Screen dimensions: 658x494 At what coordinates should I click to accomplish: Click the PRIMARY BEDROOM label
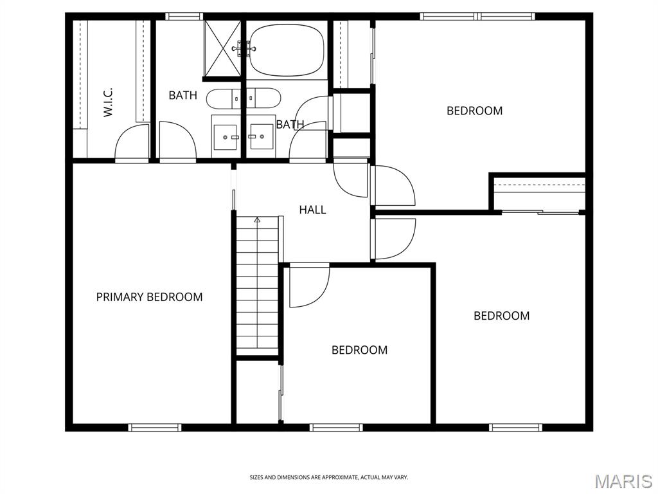[x=149, y=297]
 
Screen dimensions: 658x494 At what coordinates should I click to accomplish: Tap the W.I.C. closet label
[x=108, y=102]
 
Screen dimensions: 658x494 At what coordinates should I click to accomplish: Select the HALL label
[x=313, y=210]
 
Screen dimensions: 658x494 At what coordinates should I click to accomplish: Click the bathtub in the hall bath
[x=287, y=50]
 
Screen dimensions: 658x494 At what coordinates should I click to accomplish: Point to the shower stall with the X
[x=222, y=48]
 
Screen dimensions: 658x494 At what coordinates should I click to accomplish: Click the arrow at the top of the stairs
[x=257, y=220]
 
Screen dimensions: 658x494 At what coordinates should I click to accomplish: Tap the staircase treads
[x=257, y=286]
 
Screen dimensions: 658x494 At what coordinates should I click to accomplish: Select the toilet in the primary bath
[x=222, y=98]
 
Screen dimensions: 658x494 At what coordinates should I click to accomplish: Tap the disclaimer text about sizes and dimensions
[x=328, y=478]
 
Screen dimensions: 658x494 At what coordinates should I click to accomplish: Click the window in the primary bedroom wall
[x=155, y=427]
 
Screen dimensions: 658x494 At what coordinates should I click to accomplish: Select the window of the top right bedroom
[x=478, y=16]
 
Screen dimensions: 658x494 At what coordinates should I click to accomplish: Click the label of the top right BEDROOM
[x=475, y=111]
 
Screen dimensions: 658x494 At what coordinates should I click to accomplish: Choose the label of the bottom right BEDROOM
[x=501, y=316]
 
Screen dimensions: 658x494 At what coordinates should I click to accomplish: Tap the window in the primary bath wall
[x=184, y=16]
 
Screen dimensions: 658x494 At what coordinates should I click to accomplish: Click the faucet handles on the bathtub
[x=244, y=48]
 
